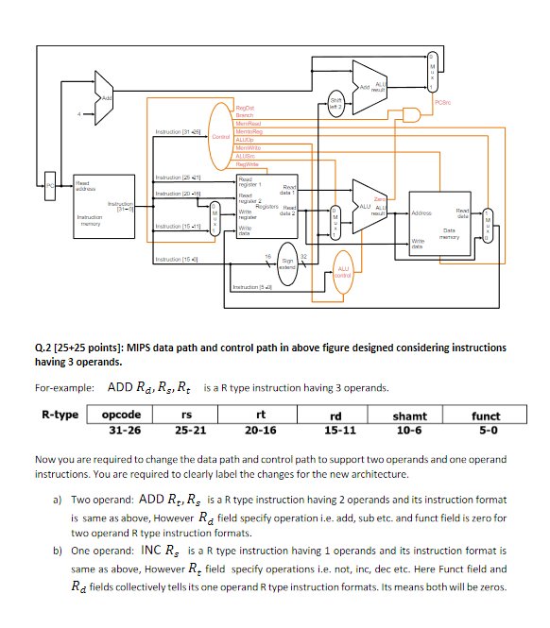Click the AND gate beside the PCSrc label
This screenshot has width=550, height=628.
pos(412,114)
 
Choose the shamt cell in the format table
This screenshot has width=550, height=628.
pos(409,416)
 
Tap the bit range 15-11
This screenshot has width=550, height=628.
pos(336,430)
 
